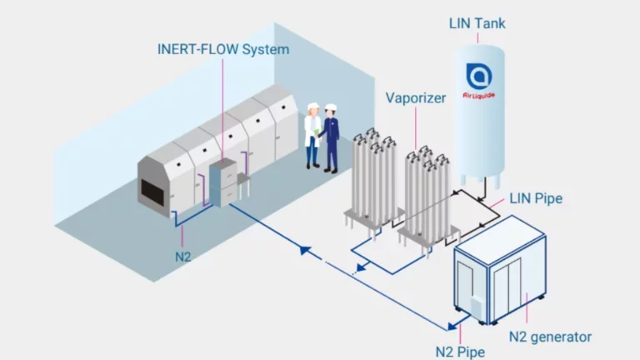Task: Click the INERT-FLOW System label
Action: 222,49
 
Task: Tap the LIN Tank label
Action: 477,22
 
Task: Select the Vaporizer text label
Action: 415,97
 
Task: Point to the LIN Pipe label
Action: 535,198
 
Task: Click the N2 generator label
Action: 550,337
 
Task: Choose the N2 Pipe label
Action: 459,350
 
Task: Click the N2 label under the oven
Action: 183,255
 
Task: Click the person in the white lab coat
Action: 312,133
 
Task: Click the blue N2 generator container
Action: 500,271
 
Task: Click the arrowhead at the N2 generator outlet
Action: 453,326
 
